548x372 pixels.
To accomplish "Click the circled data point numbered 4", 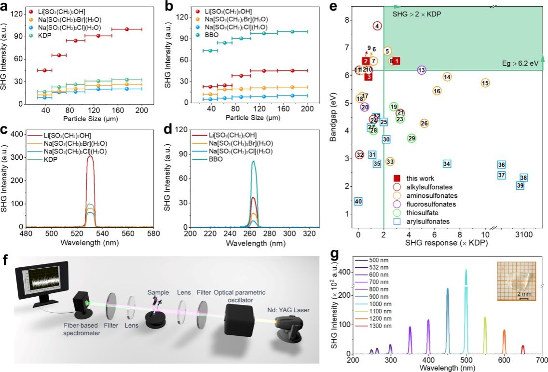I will click(377, 26).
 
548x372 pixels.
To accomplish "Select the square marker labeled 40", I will click(358, 201).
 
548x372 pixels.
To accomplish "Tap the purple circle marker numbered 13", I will click(422, 70).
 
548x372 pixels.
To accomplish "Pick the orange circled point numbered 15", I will click(485, 83).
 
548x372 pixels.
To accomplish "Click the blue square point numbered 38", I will click(523, 178).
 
